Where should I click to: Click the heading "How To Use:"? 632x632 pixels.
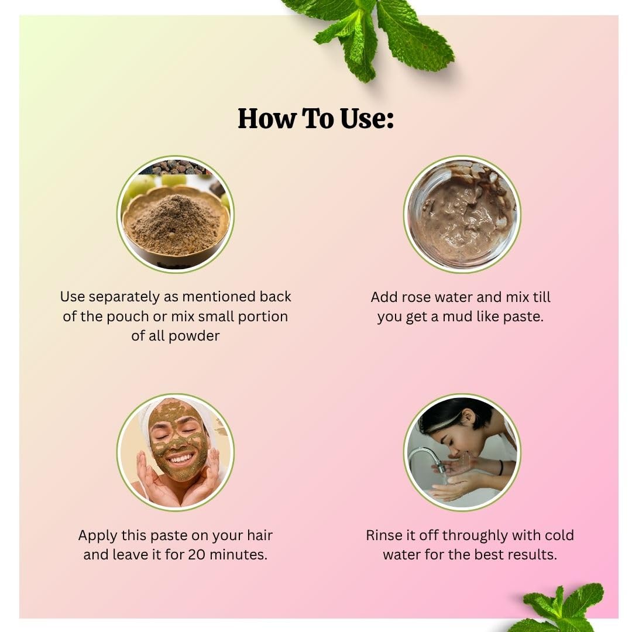tap(315, 118)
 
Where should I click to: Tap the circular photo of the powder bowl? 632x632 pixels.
tap(176, 214)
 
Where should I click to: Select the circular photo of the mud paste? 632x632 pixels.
tap(462, 214)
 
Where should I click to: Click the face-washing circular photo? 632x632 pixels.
tap(462, 452)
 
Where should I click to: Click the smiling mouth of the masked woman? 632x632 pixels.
tap(180, 459)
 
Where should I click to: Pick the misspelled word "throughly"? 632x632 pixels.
tap(475, 536)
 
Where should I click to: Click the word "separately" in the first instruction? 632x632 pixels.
tap(124, 297)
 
